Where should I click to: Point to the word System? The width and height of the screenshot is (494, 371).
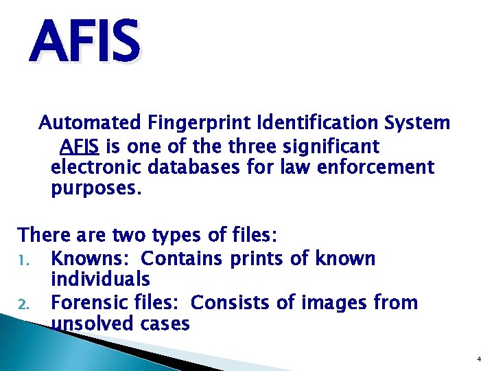418,123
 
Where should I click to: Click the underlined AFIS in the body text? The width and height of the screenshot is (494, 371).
80,146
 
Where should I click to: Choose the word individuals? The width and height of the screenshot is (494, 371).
101,279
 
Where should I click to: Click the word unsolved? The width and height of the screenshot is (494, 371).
93,324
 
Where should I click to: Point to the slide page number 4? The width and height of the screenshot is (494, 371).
478,359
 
